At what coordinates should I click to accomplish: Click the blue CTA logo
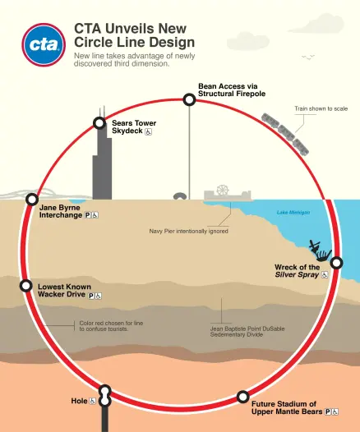pos(44,44)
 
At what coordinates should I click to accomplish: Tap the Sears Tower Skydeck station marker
pos(99,123)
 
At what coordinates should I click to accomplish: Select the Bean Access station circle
pos(189,99)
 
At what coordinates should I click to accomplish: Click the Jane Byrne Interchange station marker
pos(32,199)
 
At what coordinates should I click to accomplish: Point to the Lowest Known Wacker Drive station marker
pos(26,286)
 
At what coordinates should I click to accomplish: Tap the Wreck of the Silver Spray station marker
pos(336,263)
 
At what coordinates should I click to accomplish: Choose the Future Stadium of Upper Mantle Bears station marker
pos(242,397)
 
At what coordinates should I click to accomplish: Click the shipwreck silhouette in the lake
pos(320,250)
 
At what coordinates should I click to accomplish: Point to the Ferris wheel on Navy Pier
pos(223,190)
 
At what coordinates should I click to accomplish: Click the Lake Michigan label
pos(293,213)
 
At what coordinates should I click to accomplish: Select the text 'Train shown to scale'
pos(321,108)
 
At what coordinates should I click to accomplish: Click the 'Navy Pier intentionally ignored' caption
pos(188,231)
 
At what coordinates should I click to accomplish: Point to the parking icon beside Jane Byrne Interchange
pos(87,215)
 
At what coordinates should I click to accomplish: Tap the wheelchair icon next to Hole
pos(92,401)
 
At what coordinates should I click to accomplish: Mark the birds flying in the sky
pos(308,57)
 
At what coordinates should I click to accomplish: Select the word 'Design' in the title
pos(172,42)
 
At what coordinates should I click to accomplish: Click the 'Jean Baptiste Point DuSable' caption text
pos(247,329)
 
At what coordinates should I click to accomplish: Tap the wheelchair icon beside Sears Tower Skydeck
pos(149,132)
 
